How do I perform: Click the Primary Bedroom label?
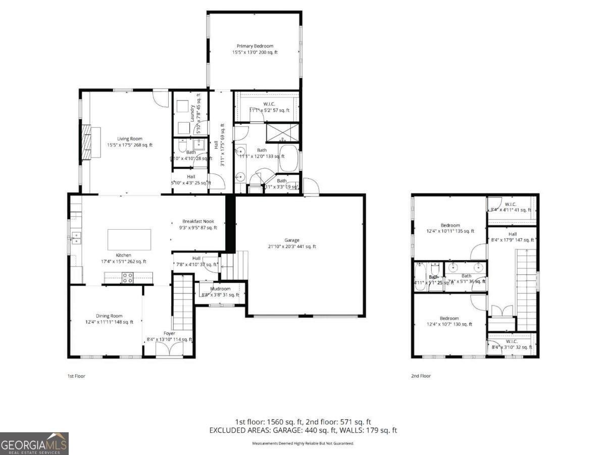255,49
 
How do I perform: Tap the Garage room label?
291,243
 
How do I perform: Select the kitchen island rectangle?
129,239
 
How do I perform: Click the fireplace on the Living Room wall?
87,142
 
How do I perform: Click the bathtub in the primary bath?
288,158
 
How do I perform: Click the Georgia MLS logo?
34,444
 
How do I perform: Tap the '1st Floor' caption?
77,376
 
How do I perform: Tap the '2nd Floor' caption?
421,376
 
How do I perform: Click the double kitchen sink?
77,237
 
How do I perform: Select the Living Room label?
130,142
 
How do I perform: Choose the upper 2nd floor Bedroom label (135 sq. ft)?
450,228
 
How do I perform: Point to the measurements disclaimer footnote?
303,443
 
